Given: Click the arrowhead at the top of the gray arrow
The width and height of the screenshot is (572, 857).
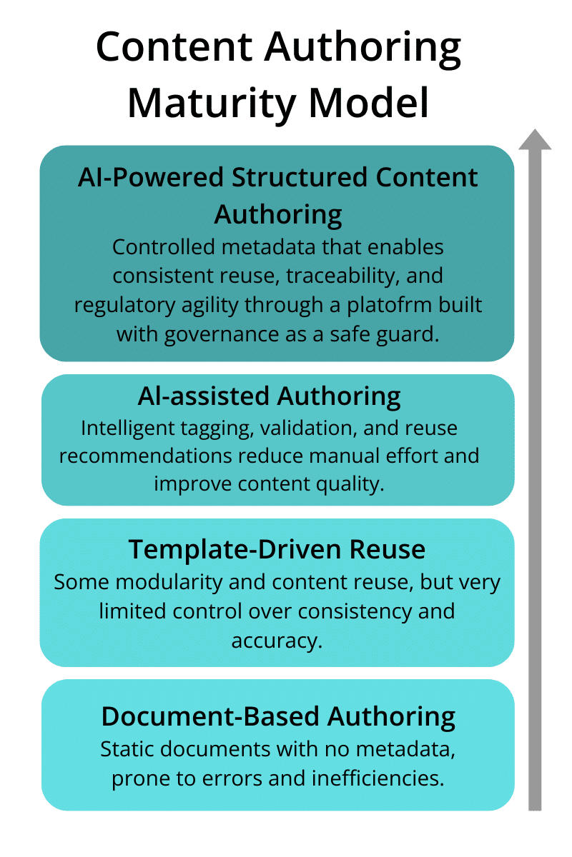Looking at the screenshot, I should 535,140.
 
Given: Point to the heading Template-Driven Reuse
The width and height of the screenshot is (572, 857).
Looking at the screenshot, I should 277,549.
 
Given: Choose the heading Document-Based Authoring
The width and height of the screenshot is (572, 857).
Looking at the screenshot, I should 278,716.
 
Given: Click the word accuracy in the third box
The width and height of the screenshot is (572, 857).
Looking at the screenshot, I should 277,640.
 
